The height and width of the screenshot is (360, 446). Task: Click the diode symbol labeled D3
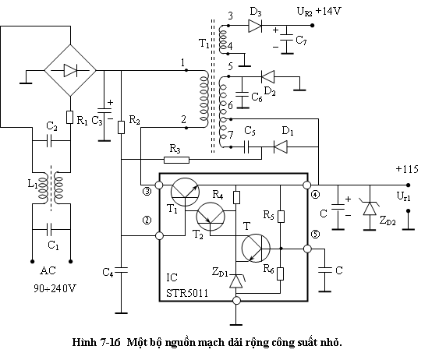click(255, 26)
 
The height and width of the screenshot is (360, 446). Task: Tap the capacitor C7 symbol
click(286, 39)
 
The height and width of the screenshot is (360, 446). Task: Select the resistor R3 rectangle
click(176, 160)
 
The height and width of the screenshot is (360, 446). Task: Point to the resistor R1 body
click(69, 117)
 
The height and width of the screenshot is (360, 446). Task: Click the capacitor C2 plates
click(49, 140)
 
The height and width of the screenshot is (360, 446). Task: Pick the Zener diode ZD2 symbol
click(370, 208)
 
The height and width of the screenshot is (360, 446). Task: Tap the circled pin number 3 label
click(147, 192)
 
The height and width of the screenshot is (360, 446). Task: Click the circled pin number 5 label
click(316, 235)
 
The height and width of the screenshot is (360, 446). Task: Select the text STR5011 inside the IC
click(187, 293)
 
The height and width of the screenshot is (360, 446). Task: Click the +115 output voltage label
click(407, 169)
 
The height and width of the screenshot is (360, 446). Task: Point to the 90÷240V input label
click(55, 288)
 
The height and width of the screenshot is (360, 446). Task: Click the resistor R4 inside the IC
click(236, 198)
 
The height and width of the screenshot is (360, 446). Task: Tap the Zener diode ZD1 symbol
click(236, 281)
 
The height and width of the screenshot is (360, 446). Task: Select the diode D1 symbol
click(281, 147)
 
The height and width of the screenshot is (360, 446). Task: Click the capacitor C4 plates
click(121, 270)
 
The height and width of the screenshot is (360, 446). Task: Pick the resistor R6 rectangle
click(281, 274)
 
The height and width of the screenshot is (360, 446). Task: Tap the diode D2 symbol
click(267, 76)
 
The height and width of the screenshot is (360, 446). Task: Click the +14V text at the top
click(328, 12)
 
